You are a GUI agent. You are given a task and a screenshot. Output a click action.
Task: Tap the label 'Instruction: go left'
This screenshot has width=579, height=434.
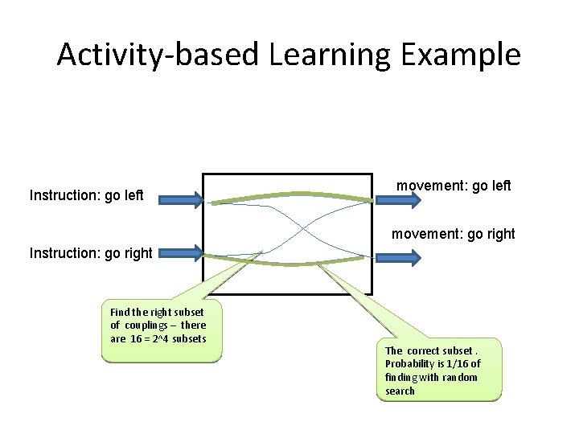(86, 195)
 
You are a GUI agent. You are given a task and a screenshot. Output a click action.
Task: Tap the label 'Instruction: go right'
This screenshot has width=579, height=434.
(91, 253)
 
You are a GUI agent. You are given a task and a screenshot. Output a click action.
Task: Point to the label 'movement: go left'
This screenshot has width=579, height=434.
(454, 186)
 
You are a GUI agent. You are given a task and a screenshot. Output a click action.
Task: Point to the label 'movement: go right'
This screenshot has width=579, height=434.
(454, 235)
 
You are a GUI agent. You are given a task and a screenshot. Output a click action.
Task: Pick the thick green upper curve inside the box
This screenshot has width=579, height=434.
(289, 194)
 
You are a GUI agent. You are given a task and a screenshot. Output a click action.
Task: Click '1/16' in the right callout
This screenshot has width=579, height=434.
(461, 364)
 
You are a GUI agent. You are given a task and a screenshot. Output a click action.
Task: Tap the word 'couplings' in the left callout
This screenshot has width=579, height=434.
(147, 325)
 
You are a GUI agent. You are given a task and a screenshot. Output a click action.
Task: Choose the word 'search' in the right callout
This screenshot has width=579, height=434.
(400, 391)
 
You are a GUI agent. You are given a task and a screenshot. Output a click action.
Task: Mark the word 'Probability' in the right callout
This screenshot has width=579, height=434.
(410, 364)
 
